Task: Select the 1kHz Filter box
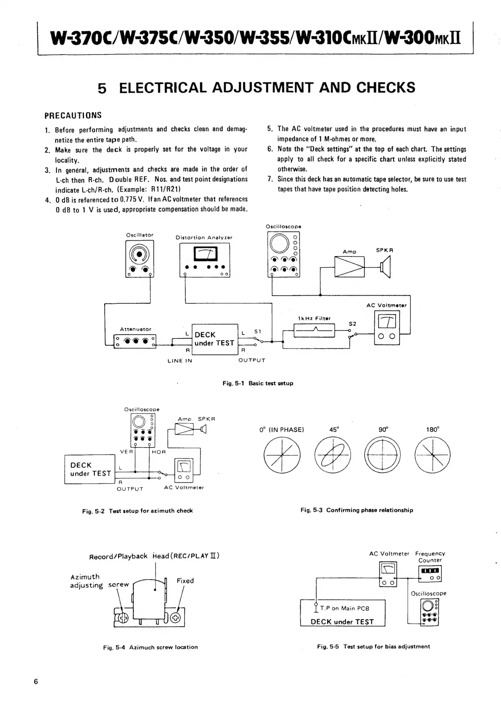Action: (x=314, y=330)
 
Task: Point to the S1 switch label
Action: (x=258, y=331)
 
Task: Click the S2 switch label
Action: (x=352, y=324)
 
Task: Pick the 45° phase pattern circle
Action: (x=334, y=455)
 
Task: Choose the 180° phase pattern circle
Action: (x=432, y=455)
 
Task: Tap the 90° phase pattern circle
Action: (x=382, y=455)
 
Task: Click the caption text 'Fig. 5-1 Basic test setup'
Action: (x=258, y=383)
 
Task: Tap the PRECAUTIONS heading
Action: (x=73, y=116)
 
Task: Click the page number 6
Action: (x=36, y=682)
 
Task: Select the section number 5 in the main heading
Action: (x=102, y=88)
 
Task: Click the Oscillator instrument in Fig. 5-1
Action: (x=139, y=259)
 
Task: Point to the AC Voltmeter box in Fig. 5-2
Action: (x=184, y=470)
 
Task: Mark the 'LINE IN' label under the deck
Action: (x=180, y=361)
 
